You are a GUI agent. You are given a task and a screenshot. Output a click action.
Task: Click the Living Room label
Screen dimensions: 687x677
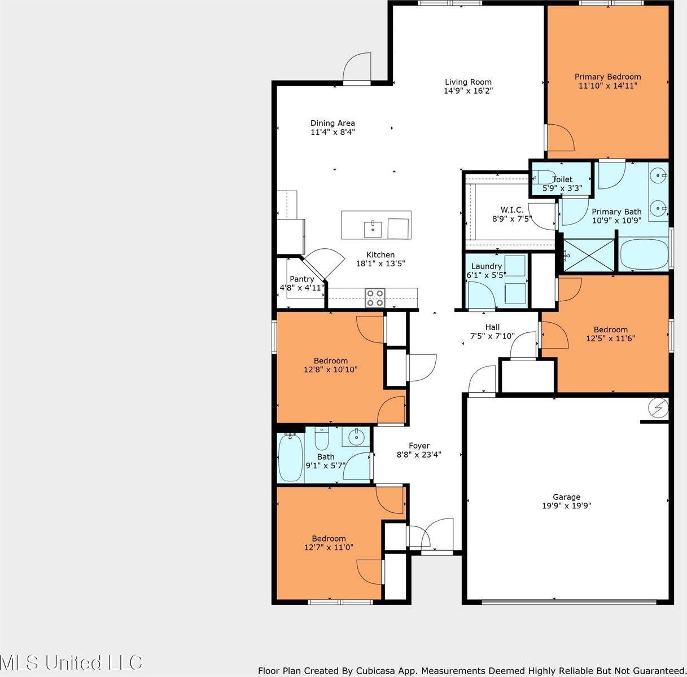click(468, 82)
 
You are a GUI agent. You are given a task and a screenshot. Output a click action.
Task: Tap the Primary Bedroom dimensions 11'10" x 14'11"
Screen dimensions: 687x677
click(608, 86)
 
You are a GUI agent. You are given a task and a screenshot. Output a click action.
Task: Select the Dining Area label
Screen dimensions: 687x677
click(332, 123)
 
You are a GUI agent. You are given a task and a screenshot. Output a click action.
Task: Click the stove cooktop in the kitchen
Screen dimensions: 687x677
click(375, 298)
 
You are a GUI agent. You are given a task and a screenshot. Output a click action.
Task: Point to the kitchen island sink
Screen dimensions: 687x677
click(373, 230)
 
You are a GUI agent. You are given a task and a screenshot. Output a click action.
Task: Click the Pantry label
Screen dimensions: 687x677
click(301, 279)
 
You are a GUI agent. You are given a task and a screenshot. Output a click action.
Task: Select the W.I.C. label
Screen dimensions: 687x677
click(512, 210)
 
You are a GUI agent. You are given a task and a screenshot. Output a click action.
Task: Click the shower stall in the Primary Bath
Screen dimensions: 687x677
click(589, 256)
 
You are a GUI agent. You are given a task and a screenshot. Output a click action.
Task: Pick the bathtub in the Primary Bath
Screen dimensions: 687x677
click(644, 254)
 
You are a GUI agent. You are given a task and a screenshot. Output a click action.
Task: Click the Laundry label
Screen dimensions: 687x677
click(486, 266)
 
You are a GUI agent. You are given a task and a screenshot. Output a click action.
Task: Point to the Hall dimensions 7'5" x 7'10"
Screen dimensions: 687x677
click(492, 336)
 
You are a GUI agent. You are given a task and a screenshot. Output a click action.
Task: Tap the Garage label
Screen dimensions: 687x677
click(567, 496)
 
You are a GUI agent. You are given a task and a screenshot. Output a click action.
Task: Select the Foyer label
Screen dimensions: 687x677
click(419, 446)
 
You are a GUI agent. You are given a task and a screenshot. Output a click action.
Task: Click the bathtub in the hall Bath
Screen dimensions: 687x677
click(291, 458)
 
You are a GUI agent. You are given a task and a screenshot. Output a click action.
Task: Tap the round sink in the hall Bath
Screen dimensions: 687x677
click(356, 437)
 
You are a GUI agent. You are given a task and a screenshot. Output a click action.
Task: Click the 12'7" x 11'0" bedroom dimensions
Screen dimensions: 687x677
click(329, 547)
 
